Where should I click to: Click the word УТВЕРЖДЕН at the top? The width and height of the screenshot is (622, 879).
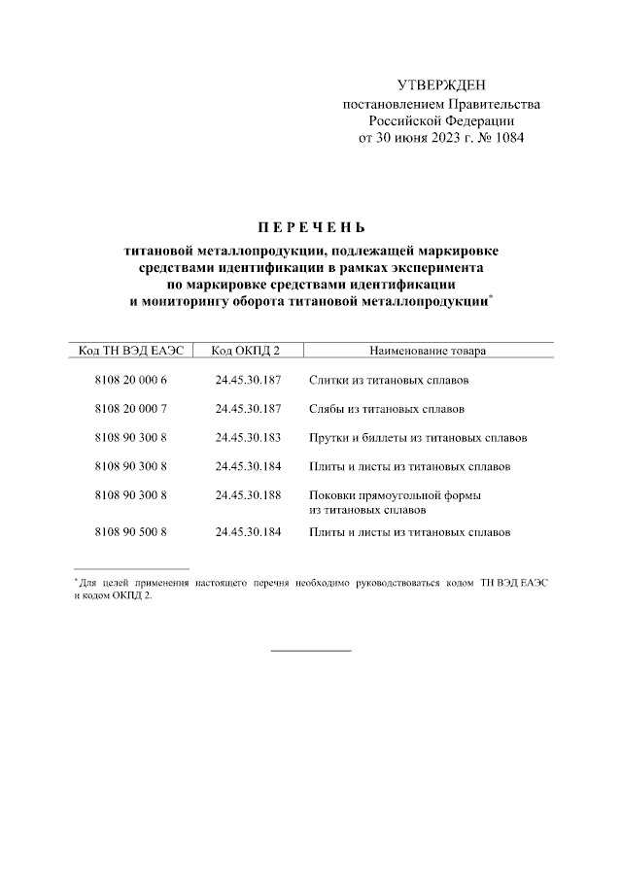[x=440, y=86]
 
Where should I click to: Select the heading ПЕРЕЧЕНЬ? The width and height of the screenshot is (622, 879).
[x=311, y=229]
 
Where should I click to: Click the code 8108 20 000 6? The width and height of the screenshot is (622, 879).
[x=132, y=381]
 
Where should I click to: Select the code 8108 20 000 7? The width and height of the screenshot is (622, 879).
[x=132, y=409]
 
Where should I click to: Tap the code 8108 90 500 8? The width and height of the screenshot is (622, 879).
[x=132, y=532]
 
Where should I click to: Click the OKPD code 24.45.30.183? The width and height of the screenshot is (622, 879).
[x=248, y=438]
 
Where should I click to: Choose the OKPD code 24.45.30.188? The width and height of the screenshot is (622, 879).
[x=248, y=495]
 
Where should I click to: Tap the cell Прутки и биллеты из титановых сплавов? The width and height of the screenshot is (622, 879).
[x=418, y=438]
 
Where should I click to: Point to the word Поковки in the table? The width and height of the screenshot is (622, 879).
[x=332, y=495]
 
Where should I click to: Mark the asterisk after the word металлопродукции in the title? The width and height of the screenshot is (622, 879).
[x=491, y=297]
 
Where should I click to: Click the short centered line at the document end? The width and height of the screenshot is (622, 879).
[x=310, y=650]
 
